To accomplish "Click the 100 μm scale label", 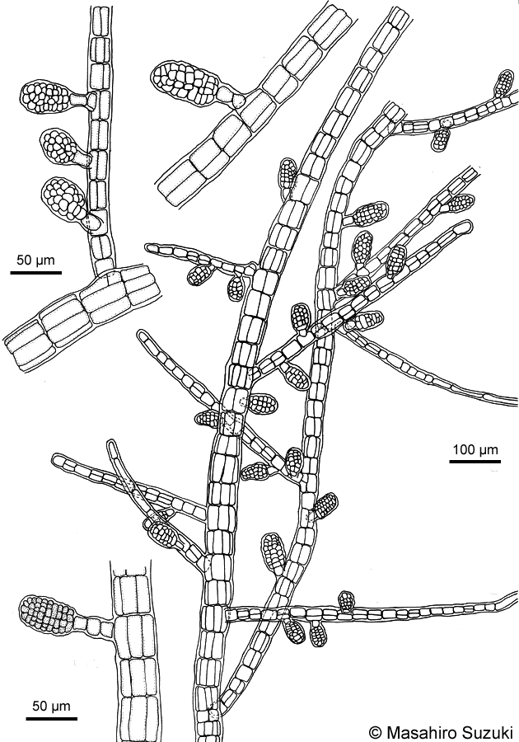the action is pos(475,448).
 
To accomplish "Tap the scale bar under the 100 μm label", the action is pos(475,460).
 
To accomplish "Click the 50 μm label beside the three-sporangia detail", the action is pos(36,260).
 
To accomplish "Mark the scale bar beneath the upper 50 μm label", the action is pos(36,272).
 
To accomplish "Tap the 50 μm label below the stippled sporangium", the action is pos(52,706).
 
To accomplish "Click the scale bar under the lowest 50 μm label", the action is pos(52,718).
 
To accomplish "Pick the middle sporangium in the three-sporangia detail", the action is pos(59,147).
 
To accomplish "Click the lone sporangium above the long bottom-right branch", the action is pos(347,601).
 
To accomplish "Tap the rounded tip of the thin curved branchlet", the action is pos(111,444).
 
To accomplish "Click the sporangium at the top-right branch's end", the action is pos(505,82).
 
